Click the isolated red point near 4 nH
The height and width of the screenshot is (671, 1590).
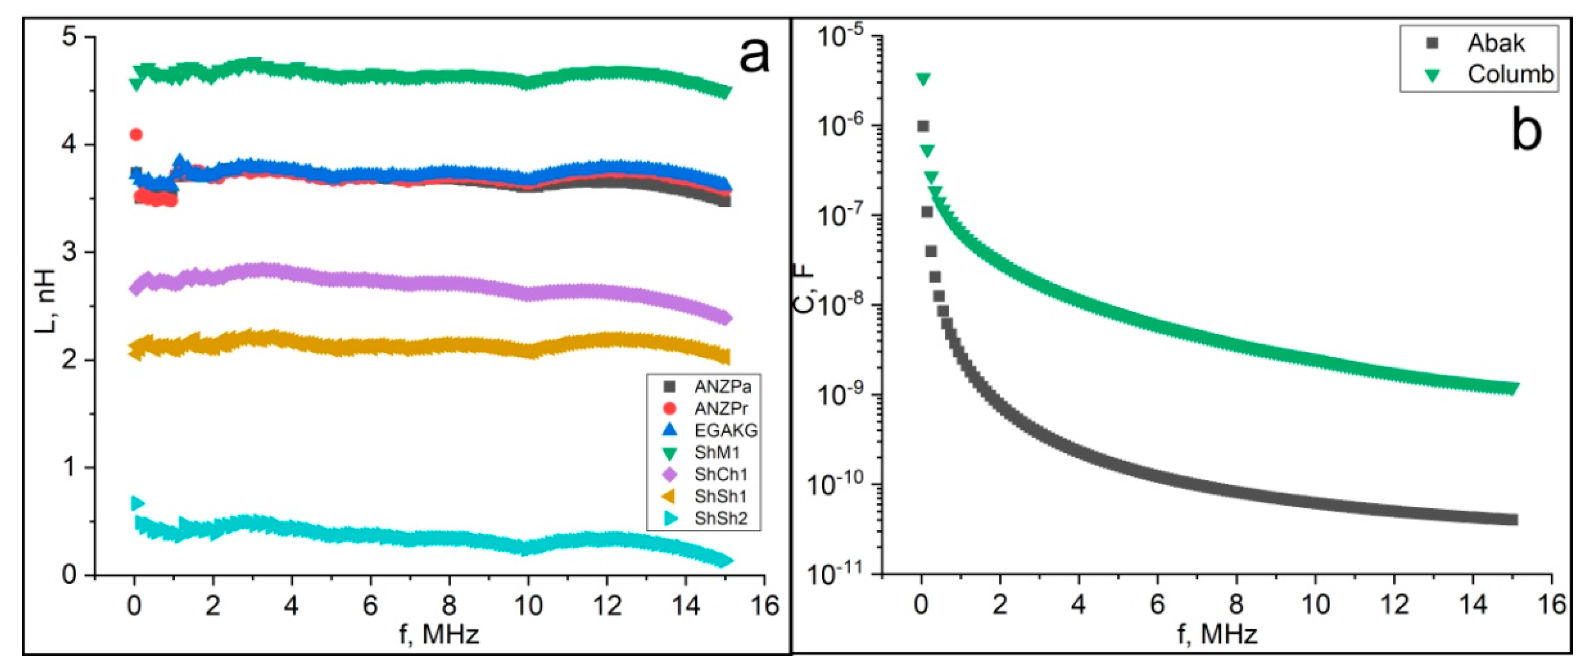137,134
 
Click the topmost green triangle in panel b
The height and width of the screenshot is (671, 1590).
923,79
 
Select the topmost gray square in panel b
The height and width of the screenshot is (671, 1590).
923,126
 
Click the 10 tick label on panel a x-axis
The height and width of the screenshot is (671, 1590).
529,606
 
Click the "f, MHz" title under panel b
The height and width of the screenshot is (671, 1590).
1217,634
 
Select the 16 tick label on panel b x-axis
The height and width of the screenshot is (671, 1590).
1551,606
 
